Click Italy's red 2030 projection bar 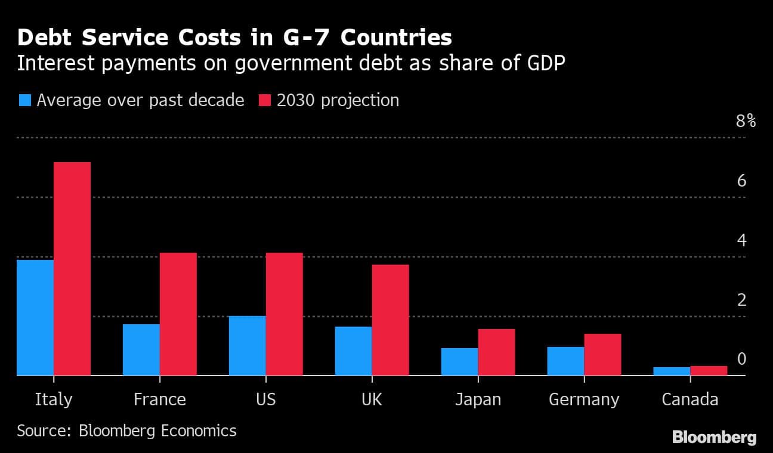tap(72, 268)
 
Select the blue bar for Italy tap(35, 317)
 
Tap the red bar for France tap(178, 314)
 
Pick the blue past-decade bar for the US tap(247, 345)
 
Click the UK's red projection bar tap(391, 319)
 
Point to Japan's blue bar tap(459, 361)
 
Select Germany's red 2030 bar tap(602, 354)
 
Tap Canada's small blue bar tap(672, 371)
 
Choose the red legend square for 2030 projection tap(264, 100)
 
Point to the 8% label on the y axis tap(746, 122)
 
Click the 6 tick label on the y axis tap(741, 181)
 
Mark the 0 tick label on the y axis tap(741, 359)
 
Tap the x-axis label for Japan tap(478, 399)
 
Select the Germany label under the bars tap(584, 399)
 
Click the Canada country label tap(690, 399)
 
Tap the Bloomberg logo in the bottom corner tap(714, 437)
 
